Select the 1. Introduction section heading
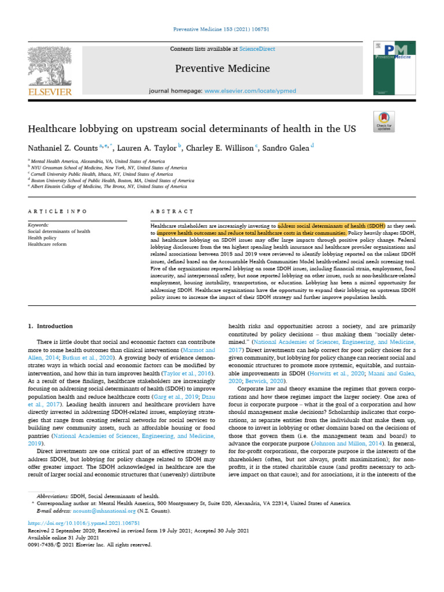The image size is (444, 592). pyautogui.click(x=51, y=326)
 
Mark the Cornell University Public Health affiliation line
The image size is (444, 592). pyautogui.click(x=102, y=173)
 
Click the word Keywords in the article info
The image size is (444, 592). pyautogui.click(x=39, y=224)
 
